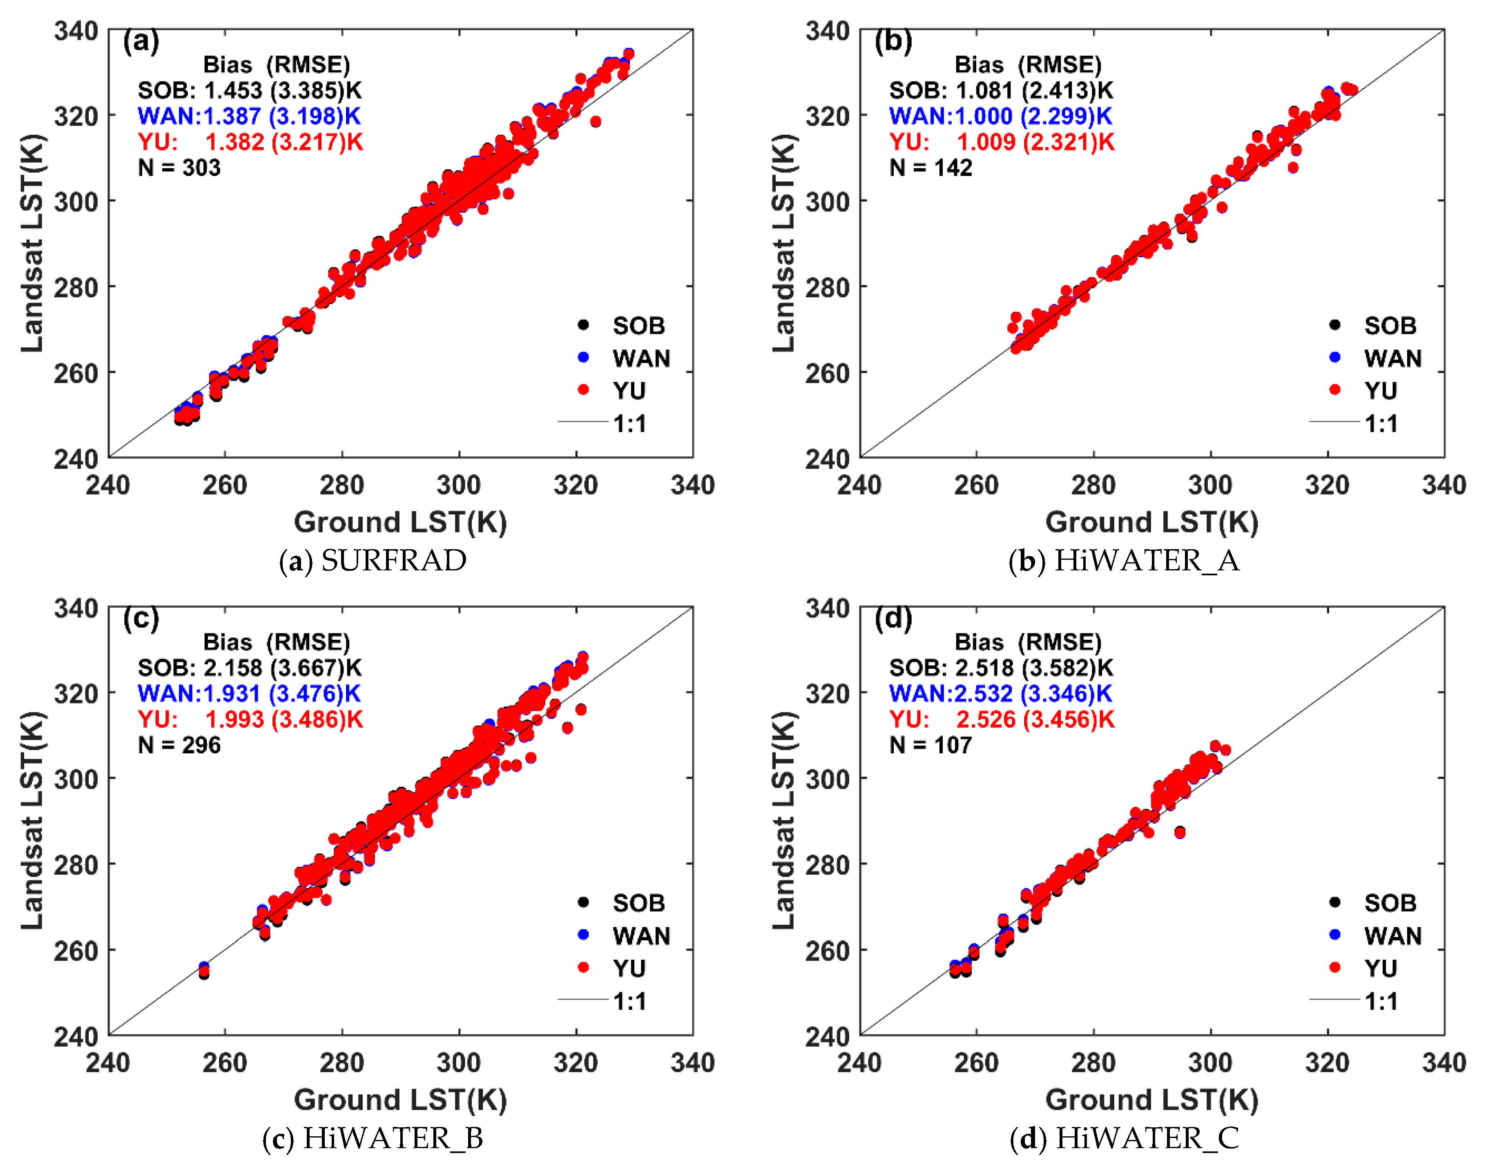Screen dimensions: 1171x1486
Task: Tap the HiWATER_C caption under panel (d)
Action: tap(1125, 1138)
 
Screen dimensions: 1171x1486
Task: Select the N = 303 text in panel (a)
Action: tap(179, 168)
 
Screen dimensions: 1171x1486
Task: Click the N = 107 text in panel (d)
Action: tap(930, 745)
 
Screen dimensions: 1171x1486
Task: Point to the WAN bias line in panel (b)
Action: tap(1000, 116)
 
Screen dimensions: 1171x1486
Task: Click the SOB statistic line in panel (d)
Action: tap(1001, 668)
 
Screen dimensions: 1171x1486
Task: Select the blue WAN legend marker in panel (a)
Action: tap(584, 357)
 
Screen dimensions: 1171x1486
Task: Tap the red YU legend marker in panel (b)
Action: tap(1334, 390)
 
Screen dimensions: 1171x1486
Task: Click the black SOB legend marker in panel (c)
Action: tap(584, 902)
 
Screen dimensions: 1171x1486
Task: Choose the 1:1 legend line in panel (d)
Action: tap(1334, 1000)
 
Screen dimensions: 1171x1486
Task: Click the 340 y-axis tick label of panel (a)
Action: tap(76, 31)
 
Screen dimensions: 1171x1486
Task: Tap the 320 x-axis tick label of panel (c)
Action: tap(576, 1063)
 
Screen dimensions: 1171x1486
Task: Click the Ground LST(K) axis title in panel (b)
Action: tap(1151, 523)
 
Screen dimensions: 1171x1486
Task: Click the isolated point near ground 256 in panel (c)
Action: tap(204, 969)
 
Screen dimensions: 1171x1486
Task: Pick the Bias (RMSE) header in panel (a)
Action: tap(277, 65)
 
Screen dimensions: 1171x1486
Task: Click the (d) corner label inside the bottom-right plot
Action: tap(894, 619)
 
